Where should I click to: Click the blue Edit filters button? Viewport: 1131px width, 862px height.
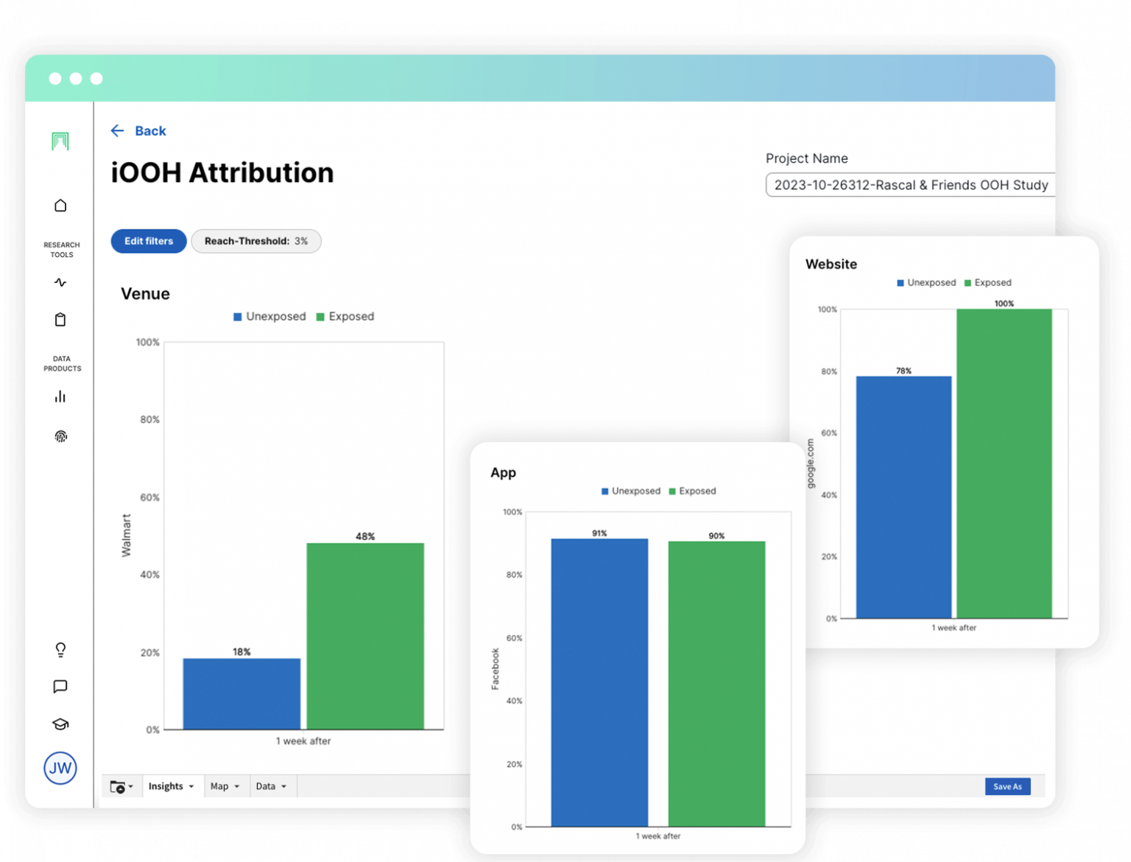(x=149, y=241)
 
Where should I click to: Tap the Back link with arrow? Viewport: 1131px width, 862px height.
(x=138, y=131)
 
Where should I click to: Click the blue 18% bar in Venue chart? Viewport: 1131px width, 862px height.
(x=242, y=693)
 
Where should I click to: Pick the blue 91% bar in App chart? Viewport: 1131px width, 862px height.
(x=599, y=682)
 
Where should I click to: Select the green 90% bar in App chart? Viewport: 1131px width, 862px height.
(x=716, y=684)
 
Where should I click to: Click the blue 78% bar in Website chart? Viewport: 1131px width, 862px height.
(x=903, y=497)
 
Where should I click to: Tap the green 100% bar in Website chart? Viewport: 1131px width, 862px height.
(x=1004, y=463)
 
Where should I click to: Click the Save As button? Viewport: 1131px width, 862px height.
(x=1007, y=786)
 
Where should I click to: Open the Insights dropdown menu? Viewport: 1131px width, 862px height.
(x=171, y=786)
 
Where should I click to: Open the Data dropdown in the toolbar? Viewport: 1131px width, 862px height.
(x=271, y=786)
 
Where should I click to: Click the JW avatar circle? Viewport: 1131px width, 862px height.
(x=60, y=768)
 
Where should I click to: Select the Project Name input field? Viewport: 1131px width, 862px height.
(x=911, y=185)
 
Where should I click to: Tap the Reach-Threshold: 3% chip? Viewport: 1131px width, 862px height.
(x=256, y=241)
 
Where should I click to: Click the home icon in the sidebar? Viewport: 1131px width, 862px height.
(x=60, y=206)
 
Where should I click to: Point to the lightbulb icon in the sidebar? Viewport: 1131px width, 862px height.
(x=60, y=650)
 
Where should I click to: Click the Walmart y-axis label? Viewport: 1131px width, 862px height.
(x=126, y=536)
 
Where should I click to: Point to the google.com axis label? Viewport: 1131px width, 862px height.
(x=811, y=463)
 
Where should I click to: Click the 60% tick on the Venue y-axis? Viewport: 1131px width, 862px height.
(x=149, y=497)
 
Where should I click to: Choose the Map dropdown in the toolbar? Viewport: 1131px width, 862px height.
(x=225, y=786)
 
